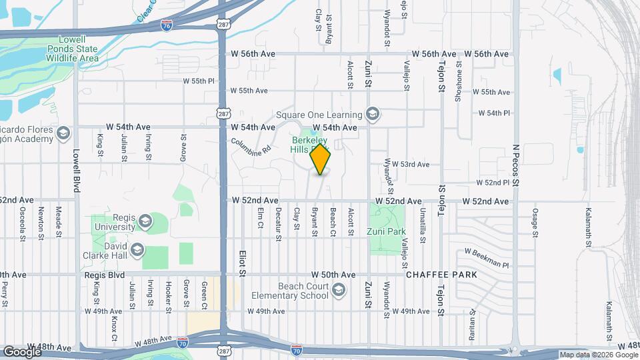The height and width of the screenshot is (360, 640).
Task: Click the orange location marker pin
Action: click(321, 159)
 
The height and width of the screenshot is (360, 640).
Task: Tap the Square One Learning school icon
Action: click(373, 115)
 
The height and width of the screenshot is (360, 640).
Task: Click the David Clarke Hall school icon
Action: click(137, 251)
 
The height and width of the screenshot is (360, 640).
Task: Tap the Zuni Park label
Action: click(386, 232)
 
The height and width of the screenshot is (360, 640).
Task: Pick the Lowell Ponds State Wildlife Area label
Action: click(70, 49)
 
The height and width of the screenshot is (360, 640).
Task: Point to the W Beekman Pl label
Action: click(486, 257)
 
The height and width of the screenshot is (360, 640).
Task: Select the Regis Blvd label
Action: click(105, 275)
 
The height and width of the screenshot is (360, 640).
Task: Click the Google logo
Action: click(22, 351)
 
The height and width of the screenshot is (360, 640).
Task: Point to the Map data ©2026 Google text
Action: click(598, 355)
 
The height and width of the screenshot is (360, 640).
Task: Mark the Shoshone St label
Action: click(459, 81)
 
